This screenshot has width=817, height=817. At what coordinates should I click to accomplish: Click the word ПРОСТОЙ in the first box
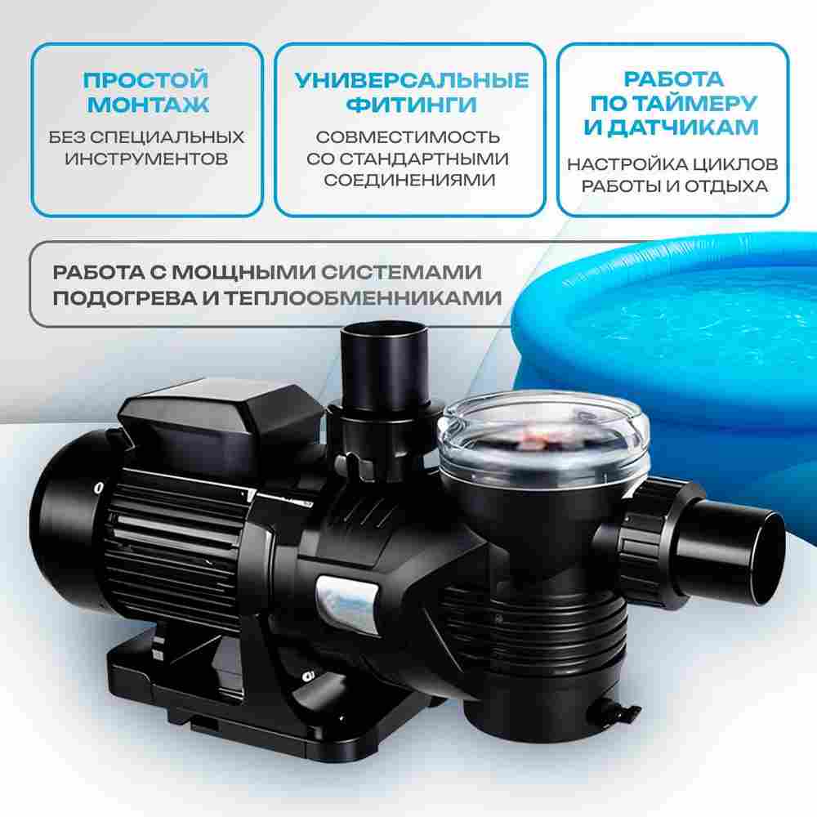pos(147,80)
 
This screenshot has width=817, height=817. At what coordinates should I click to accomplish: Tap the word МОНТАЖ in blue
pos(147,105)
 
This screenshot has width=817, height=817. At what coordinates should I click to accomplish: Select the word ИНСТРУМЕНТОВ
pos(147,157)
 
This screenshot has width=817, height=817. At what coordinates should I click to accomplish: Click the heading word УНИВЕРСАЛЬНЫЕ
pos(411,80)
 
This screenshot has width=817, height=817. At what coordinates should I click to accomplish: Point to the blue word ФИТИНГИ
pos(411,105)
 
